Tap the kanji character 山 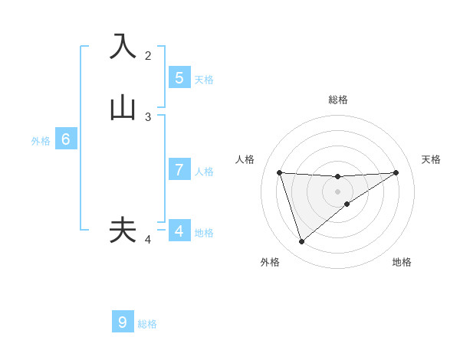coord(123,107)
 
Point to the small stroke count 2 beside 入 coord(148,55)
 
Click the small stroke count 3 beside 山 coord(148,117)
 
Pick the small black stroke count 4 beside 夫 coord(148,241)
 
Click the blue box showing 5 coord(179,78)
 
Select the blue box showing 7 coord(179,170)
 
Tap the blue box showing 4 coord(179,231)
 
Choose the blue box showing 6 coord(66,139)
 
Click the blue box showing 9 coord(123,322)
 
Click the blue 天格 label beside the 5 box coord(204,79)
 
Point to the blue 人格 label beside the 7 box coord(204,171)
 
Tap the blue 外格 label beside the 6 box coord(41,140)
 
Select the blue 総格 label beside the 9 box coord(147,324)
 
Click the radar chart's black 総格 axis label coord(338,100)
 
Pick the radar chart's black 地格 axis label coord(402,263)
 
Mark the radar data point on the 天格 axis coord(396,172)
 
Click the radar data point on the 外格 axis coord(301,242)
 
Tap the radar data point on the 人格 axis coord(280,172)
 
